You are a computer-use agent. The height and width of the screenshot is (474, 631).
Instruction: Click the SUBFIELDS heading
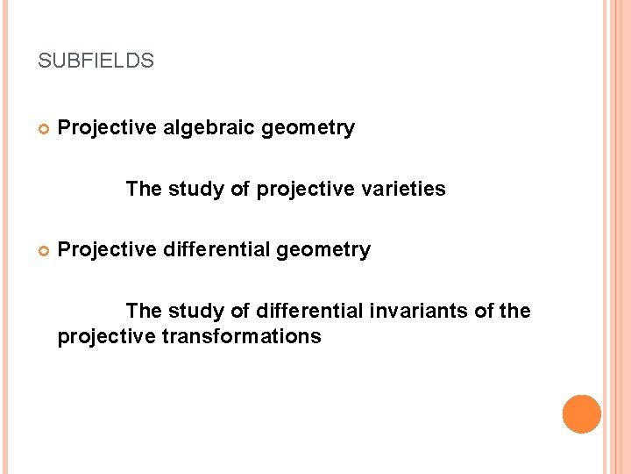pyautogui.click(x=96, y=61)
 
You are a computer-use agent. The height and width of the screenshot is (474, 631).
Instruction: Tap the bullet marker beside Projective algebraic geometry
pyautogui.click(x=43, y=129)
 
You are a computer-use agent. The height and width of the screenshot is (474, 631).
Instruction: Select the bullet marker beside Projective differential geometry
pyautogui.click(x=43, y=251)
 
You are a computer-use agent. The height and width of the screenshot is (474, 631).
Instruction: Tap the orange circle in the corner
pyautogui.click(x=582, y=413)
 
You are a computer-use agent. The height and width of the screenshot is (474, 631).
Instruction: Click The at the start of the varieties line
pyautogui.click(x=143, y=189)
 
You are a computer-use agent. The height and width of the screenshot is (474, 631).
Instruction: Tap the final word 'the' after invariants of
pyautogui.click(x=515, y=311)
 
